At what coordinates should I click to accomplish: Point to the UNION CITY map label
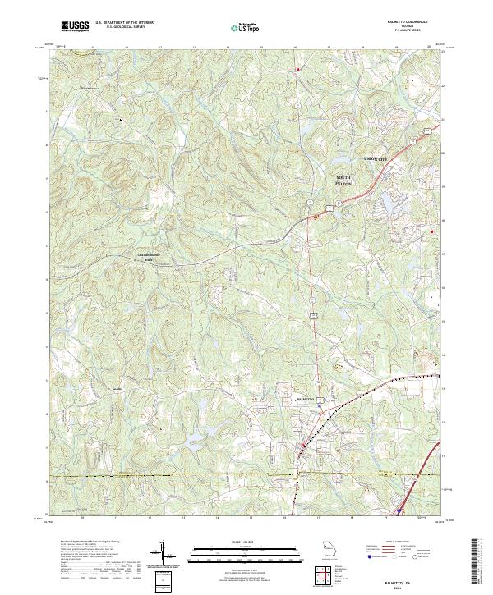click(377, 158)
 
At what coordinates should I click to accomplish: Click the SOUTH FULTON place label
click(344, 181)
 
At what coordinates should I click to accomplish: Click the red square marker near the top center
click(297, 69)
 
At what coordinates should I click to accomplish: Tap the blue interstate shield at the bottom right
click(399, 510)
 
